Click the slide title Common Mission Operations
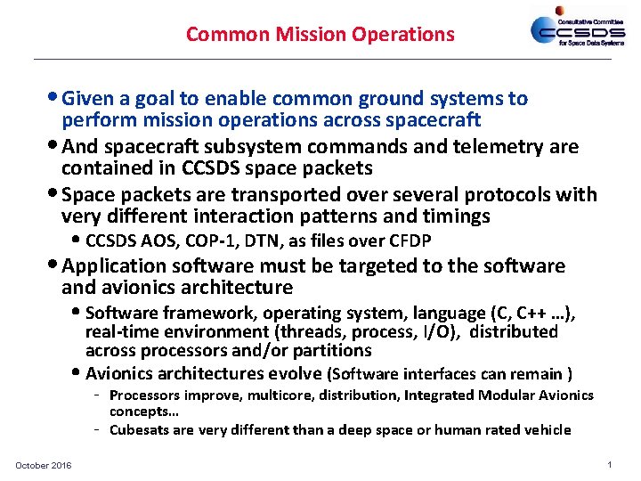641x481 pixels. [x=320, y=35]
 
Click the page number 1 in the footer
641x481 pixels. [x=608, y=465]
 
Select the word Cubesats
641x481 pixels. [x=138, y=429]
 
